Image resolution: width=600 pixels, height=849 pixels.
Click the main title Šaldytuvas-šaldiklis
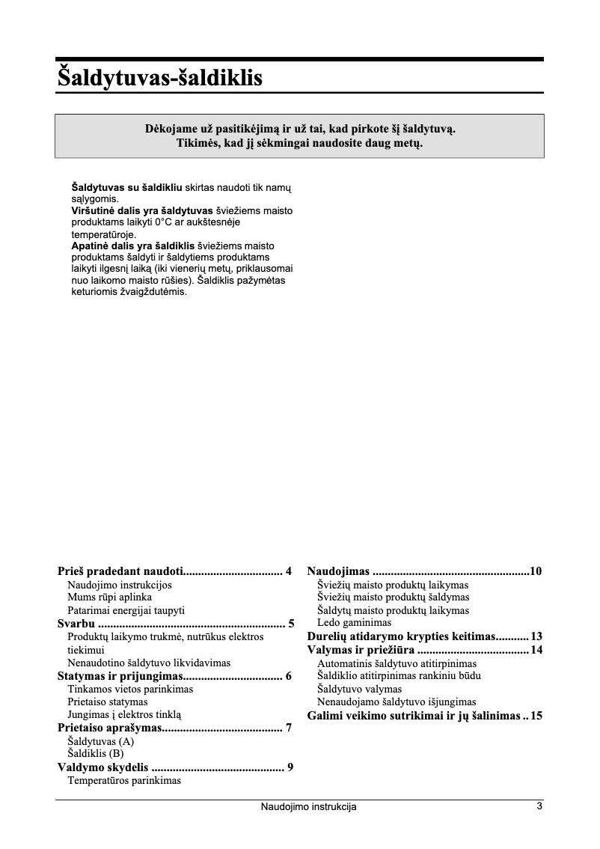point(159,77)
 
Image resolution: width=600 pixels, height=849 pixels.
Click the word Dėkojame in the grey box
point(172,129)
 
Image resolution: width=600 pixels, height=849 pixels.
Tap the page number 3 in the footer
point(539,806)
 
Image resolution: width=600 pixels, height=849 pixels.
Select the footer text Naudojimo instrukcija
point(308,807)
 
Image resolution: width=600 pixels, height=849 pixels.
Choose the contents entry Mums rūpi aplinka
point(109,597)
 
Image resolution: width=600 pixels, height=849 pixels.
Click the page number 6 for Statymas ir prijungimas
point(289,676)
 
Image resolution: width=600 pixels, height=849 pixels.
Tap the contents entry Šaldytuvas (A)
point(101,741)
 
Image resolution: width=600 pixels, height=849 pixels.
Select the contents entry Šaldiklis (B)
point(96,754)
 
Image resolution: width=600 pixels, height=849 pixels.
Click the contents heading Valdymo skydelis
point(103,767)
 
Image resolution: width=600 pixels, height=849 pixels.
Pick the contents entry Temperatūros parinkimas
point(124,780)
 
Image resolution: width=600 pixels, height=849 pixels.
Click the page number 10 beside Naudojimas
point(536,572)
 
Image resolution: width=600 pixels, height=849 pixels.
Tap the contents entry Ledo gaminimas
point(354,623)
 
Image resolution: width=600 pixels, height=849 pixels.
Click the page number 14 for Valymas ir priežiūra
point(536,650)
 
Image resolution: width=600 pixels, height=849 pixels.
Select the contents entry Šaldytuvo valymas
point(359,689)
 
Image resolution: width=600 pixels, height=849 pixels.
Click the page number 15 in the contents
point(536,716)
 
